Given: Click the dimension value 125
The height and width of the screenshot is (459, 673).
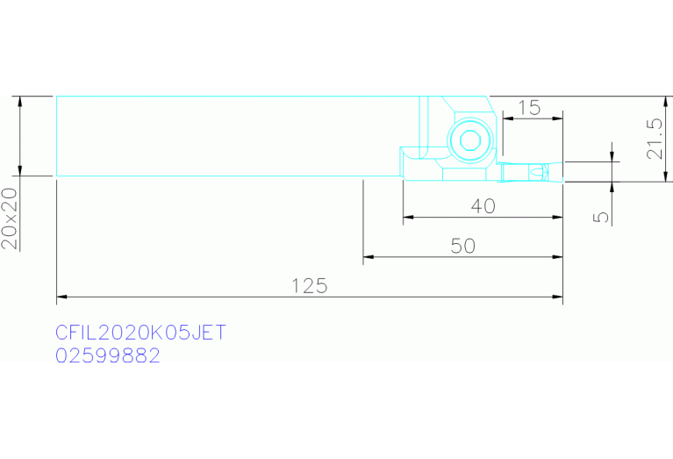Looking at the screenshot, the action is [310, 286].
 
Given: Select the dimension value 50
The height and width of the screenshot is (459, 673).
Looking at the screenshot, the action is [463, 246].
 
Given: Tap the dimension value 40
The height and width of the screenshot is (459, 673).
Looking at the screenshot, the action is [483, 206].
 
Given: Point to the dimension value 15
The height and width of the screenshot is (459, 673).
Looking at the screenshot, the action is [529, 108].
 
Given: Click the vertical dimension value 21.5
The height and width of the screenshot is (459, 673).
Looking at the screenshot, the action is [655, 139].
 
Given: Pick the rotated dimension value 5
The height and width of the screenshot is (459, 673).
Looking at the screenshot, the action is [602, 217].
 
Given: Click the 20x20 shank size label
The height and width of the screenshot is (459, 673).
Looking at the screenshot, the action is [10, 219].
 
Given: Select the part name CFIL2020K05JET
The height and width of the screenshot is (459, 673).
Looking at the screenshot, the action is [140, 333].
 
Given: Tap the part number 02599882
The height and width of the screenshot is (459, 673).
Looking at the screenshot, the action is [108, 355].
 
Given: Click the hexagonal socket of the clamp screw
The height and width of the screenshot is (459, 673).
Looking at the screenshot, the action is [471, 140].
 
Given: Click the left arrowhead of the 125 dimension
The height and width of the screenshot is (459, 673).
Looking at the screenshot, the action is [61, 297].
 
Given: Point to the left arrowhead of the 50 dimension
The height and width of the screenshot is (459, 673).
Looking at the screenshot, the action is [369, 257].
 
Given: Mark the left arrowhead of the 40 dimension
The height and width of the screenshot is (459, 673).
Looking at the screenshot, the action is [408, 218].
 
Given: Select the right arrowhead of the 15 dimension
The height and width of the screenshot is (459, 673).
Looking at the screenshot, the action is [557, 118].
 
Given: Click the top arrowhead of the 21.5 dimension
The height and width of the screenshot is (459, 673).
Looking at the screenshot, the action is [666, 102].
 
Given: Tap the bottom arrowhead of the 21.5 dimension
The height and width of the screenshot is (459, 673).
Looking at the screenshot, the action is [666, 176].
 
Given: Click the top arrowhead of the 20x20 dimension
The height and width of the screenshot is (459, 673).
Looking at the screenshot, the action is [19, 102].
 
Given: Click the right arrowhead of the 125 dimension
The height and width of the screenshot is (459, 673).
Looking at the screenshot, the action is [557, 297].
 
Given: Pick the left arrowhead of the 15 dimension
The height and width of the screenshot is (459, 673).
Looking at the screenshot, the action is [508, 118].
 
